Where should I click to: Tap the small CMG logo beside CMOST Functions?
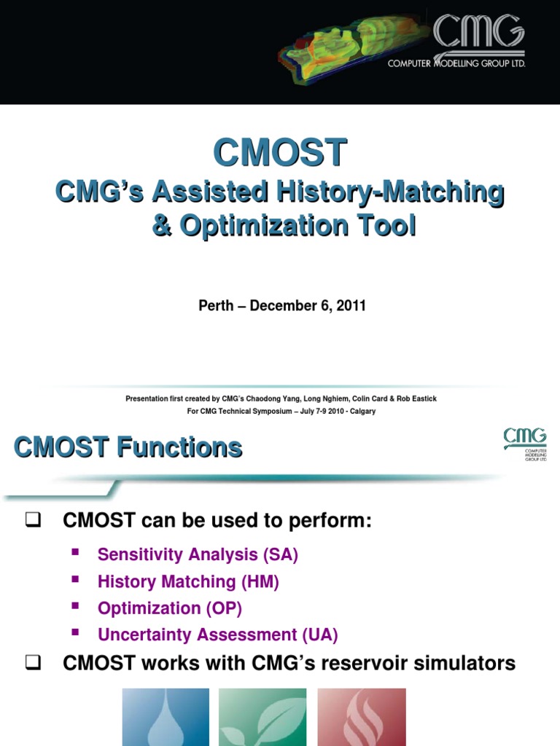524,443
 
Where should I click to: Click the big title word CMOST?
280,154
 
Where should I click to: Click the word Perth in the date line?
217,306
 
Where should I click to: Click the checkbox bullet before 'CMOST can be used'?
31,521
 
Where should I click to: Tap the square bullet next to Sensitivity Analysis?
74,553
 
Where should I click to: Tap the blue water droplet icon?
166,718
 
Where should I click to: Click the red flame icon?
361,718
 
